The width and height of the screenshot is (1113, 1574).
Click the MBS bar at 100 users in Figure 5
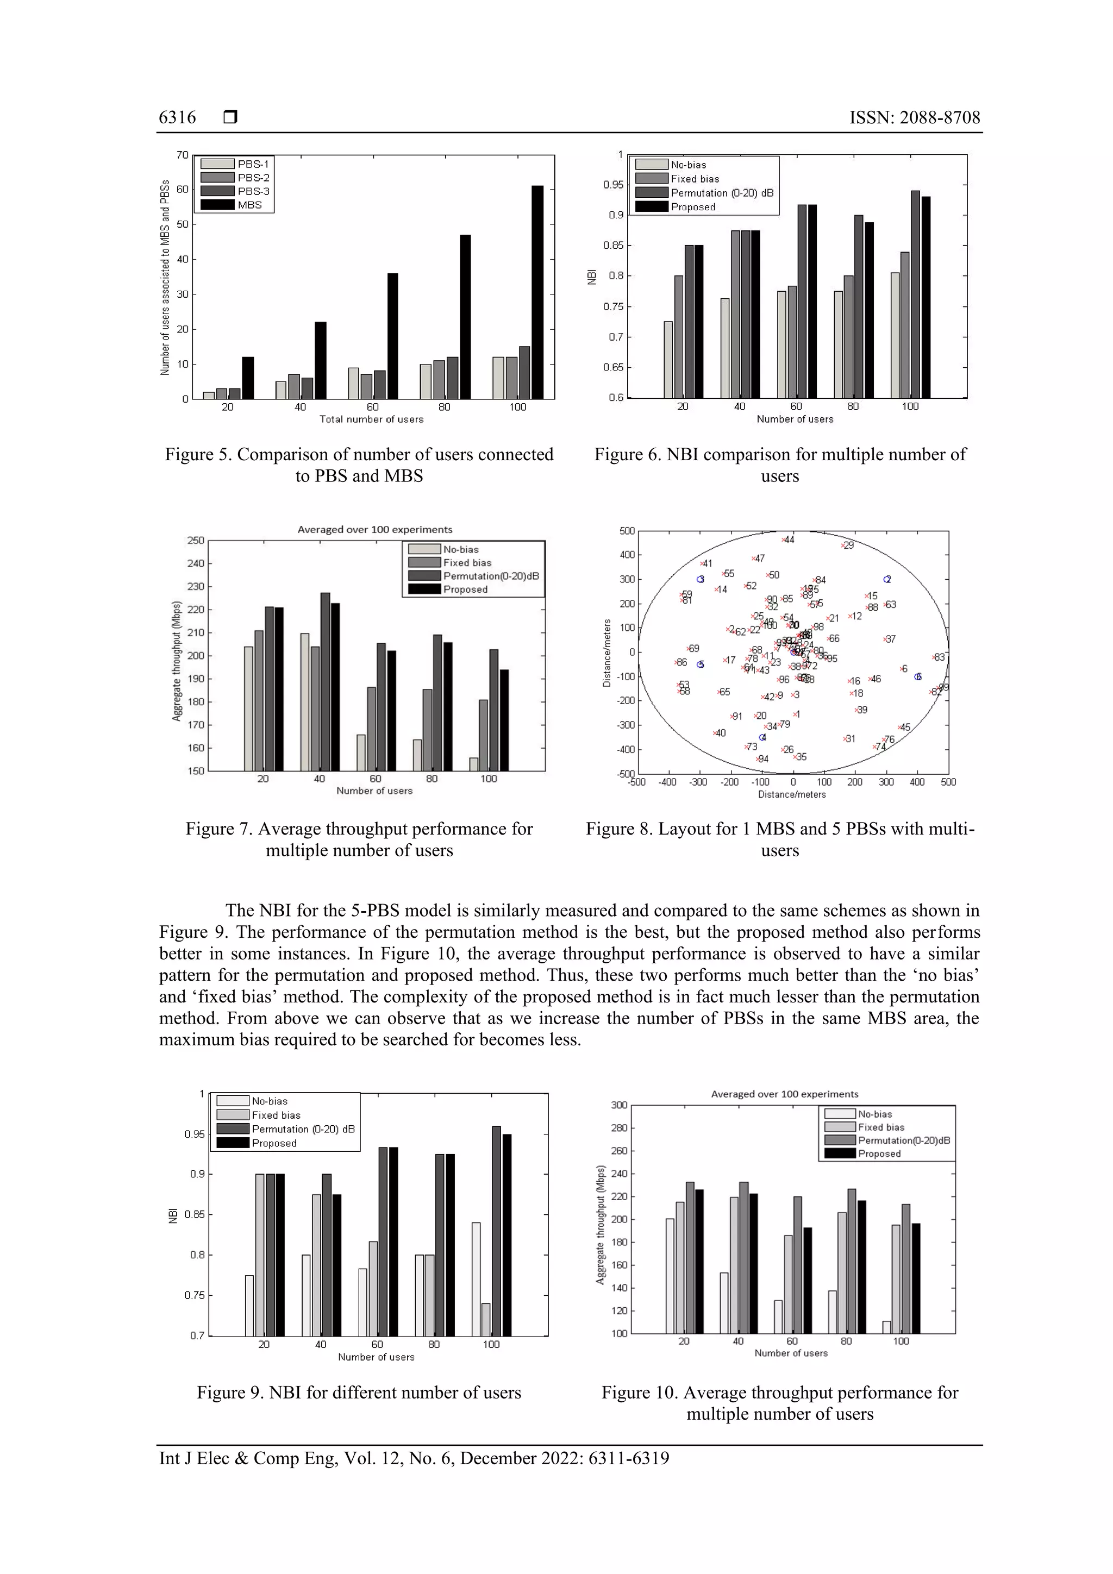tap(537, 292)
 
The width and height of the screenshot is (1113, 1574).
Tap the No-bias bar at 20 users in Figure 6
tap(668, 359)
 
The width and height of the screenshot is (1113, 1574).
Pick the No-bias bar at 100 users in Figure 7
tap(473, 764)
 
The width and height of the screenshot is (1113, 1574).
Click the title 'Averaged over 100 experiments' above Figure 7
tap(374, 529)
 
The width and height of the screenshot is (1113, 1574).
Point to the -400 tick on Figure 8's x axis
tap(667, 782)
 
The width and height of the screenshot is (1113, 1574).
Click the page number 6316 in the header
tap(177, 118)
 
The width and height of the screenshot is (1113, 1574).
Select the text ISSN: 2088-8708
tap(914, 118)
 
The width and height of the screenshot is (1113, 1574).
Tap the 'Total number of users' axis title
tap(371, 419)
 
